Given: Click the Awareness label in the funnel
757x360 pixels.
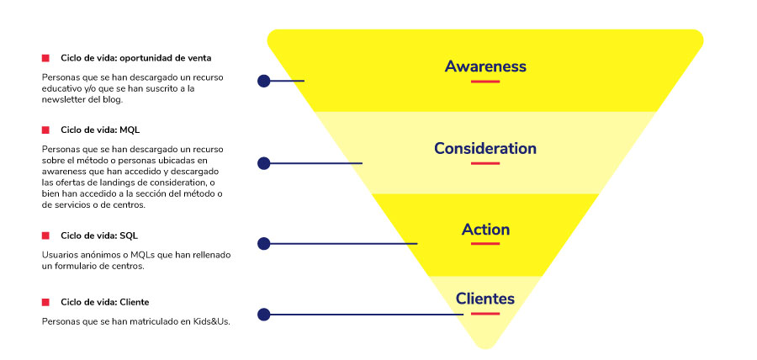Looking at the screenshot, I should pos(485,66).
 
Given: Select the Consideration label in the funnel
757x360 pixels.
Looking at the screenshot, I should pos(485,148).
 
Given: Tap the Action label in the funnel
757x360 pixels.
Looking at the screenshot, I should pos(485,229).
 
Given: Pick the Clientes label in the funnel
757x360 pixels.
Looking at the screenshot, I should pos(485,298).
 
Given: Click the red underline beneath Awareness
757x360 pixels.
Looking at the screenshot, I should pos(485,82).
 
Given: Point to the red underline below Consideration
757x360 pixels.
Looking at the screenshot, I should pos(485,163).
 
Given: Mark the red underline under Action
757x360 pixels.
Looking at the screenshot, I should pos(485,244).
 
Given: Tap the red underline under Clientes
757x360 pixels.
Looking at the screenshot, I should pos(485,313).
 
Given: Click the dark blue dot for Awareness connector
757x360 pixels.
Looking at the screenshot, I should pos(264,82).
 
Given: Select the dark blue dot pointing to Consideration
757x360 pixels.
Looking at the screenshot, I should pos(264,162).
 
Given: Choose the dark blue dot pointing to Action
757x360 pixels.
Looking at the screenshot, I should pos(264,244).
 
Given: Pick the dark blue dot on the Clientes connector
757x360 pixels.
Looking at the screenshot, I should pos(264,315).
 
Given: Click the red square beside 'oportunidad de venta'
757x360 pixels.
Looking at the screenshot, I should pos(45,58).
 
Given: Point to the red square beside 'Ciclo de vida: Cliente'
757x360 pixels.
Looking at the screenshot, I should pos(45,301).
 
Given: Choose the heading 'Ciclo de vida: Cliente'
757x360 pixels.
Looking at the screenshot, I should pos(104,301).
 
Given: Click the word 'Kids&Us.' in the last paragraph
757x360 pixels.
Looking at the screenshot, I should pos(211,320).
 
